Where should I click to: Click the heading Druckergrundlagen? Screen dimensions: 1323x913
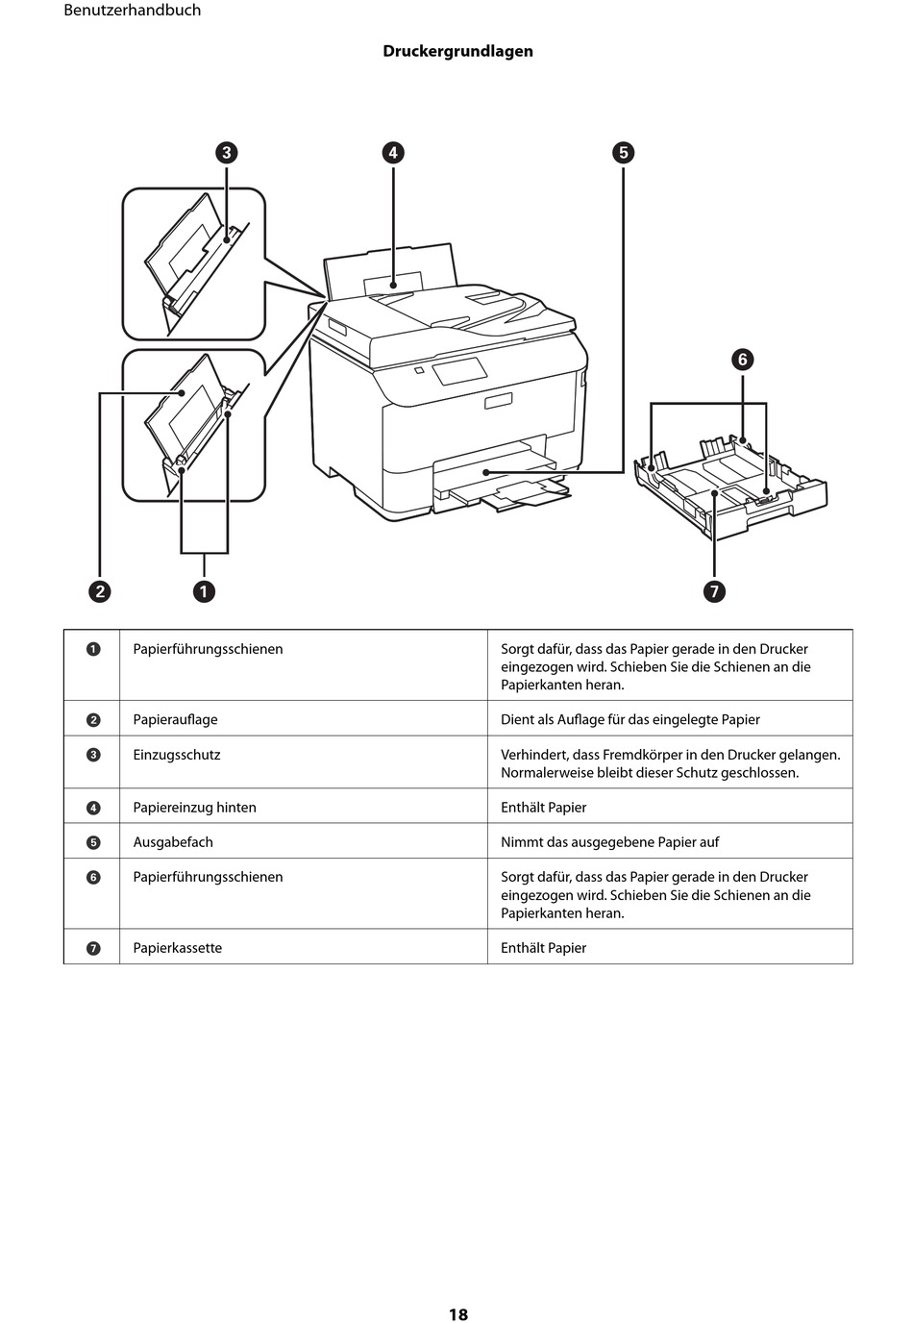click(x=457, y=51)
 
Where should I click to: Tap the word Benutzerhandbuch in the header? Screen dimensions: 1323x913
click(x=132, y=11)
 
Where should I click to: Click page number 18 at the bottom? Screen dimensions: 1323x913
click(x=457, y=1314)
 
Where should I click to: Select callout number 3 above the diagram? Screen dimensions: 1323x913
click(x=226, y=153)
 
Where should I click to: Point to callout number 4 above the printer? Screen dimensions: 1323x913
click(x=392, y=153)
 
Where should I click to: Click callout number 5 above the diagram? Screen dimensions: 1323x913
click(x=623, y=153)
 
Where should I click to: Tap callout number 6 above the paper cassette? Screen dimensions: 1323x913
click(x=742, y=360)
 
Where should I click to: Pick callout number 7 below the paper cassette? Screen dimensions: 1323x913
click(x=714, y=591)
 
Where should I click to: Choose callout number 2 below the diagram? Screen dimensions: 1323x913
click(x=100, y=591)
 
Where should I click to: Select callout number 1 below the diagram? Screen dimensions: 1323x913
click(x=204, y=591)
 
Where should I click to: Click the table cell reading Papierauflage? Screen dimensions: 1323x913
click(x=175, y=719)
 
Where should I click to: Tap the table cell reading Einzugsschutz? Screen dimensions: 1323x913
click(x=177, y=755)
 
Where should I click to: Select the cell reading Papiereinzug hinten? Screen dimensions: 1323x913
click(x=194, y=808)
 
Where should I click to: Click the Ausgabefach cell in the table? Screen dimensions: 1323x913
click(x=173, y=842)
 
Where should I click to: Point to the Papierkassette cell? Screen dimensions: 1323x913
click(x=178, y=948)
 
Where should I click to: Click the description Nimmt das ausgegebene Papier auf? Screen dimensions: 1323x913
click(x=609, y=842)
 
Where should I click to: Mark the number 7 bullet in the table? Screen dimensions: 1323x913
click(x=93, y=948)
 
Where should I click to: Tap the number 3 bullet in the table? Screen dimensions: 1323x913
click(x=93, y=755)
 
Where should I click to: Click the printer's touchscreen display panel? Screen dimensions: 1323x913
click(x=458, y=369)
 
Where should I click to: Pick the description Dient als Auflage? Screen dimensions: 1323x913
click(x=629, y=719)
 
